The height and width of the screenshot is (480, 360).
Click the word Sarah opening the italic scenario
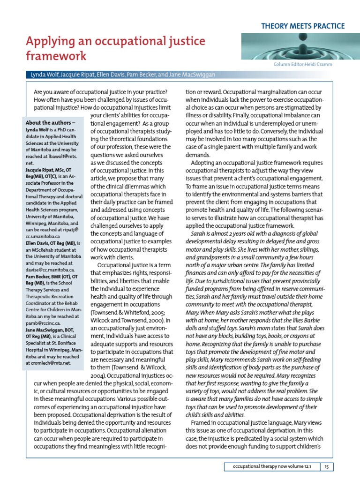[200, 233]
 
